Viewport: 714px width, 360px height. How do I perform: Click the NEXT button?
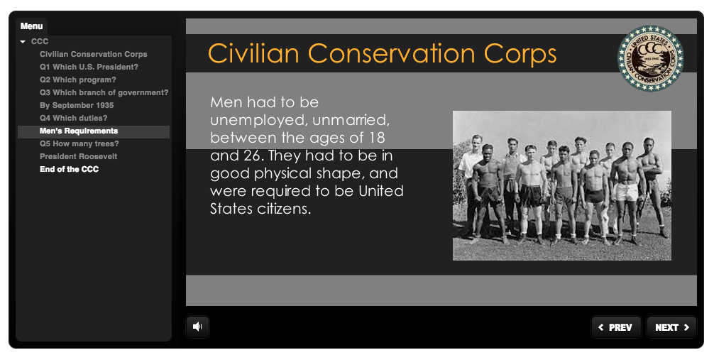click(671, 327)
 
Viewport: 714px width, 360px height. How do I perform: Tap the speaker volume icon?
click(197, 327)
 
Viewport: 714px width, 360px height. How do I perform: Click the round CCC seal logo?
click(650, 58)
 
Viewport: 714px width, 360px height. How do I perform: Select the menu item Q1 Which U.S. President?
click(89, 67)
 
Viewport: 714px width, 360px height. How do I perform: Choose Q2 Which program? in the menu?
click(78, 80)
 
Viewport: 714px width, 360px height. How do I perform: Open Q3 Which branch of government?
click(104, 92)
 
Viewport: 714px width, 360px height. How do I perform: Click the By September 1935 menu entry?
click(77, 105)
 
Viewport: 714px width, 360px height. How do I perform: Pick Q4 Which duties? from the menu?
click(73, 118)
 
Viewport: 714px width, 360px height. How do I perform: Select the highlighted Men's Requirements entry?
click(79, 131)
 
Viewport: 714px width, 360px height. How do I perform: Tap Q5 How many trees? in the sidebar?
click(79, 143)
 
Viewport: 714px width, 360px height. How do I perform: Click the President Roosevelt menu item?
click(78, 156)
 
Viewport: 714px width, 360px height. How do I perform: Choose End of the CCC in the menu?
click(70, 169)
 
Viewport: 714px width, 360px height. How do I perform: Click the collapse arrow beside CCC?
click(23, 42)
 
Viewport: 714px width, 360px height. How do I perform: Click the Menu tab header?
click(31, 26)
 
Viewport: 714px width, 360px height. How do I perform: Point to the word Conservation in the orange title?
click(392, 53)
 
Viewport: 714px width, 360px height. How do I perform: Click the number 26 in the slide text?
click(252, 156)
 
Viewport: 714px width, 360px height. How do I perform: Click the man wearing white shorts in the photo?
click(627, 192)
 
